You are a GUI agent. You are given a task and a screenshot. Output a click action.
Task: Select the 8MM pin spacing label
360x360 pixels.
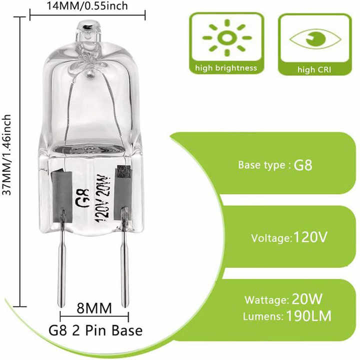(94, 306)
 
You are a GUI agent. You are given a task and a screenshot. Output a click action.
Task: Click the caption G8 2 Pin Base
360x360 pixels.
(95, 330)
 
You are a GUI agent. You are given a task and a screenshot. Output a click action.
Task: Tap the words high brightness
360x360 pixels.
(226, 68)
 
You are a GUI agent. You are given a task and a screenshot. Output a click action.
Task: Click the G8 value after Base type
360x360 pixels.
(302, 165)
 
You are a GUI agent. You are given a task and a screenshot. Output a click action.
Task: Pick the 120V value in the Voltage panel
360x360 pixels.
(310, 236)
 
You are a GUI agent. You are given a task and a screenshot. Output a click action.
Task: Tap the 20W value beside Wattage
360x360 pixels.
(306, 300)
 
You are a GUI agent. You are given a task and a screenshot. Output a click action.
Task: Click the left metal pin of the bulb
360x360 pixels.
(63, 260)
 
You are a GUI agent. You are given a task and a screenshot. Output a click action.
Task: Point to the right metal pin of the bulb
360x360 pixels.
(123, 260)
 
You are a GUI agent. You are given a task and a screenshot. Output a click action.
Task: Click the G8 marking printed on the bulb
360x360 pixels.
(79, 201)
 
